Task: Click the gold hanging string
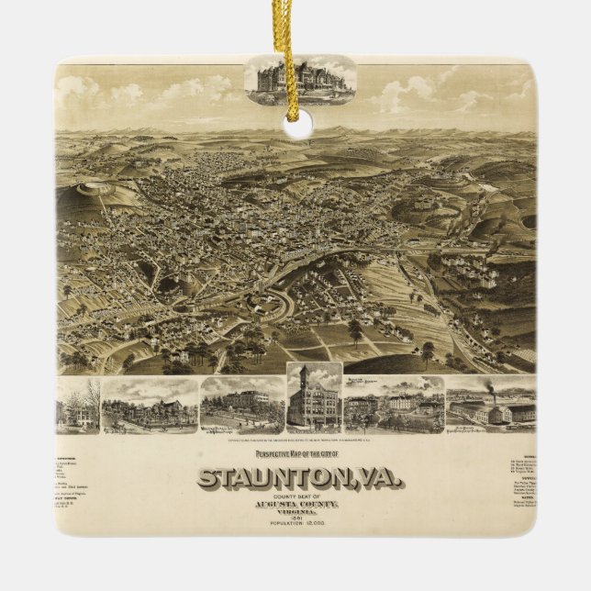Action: [295, 55]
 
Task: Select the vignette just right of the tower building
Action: [394, 404]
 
